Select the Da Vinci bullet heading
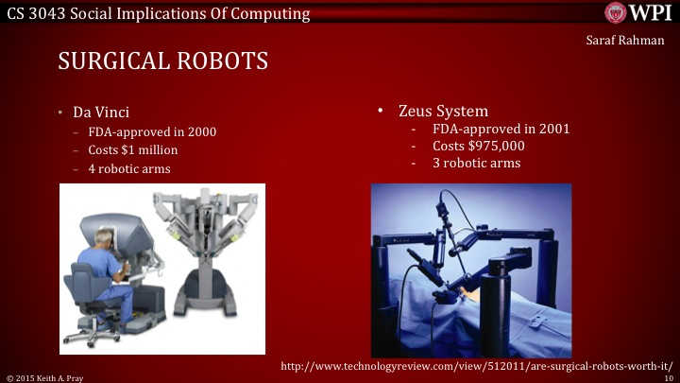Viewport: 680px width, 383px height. (101, 112)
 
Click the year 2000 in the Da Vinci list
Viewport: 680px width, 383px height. (200, 131)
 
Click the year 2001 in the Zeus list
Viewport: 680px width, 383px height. (553, 129)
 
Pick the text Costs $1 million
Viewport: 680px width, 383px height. (133, 149)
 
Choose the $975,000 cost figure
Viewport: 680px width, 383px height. (491, 146)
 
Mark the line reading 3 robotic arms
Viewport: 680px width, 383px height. (476, 163)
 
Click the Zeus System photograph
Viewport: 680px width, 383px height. (470, 269)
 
